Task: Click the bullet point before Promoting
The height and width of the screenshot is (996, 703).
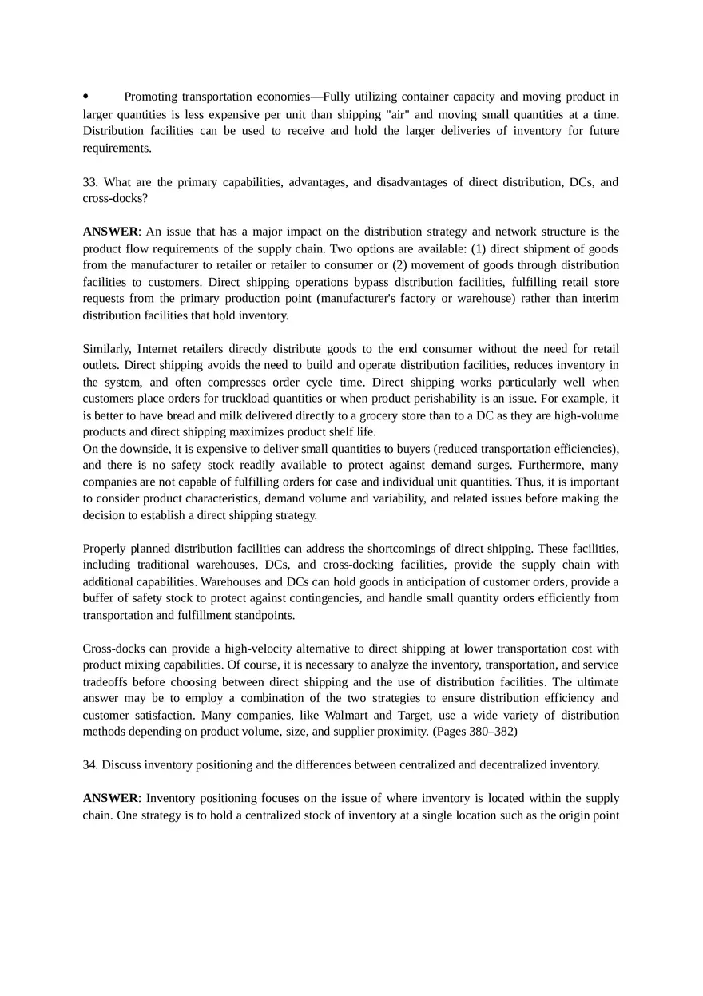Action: pyautogui.click(x=86, y=97)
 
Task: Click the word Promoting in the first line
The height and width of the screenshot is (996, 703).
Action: pyautogui.click(x=150, y=97)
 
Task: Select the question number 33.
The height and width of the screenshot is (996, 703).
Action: pyautogui.click(x=90, y=182)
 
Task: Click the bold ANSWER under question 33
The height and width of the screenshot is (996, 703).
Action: pyautogui.click(x=110, y=232)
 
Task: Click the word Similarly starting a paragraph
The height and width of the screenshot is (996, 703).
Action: pyautogui.click(x=107, y=349)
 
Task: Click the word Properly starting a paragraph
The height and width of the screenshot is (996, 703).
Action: pyautogui.click(x=104, y=549)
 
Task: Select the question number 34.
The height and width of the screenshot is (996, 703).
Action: pyautogui.click(x=90, y=765)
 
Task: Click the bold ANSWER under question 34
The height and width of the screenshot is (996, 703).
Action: pyautogui.click(x=110, y=799)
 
